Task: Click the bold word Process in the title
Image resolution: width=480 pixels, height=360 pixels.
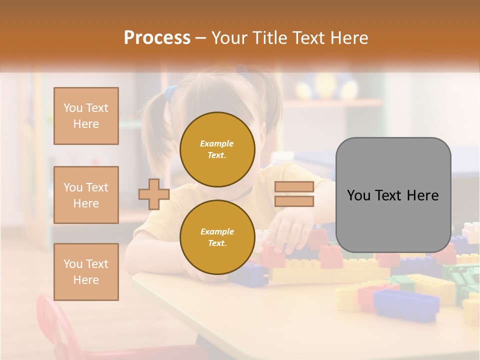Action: point(157,37)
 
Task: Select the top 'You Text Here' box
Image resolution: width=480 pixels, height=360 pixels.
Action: point(86,116)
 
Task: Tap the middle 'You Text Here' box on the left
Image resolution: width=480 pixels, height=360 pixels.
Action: point(86,195)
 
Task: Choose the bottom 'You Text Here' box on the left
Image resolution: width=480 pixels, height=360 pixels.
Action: point(86,272)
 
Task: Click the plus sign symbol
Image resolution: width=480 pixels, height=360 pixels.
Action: point(153,194)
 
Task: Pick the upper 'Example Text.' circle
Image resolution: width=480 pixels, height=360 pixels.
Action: point(217,149)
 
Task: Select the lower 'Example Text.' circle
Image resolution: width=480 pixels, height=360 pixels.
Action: point(217,237)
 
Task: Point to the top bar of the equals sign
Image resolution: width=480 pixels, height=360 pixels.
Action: point(294,187)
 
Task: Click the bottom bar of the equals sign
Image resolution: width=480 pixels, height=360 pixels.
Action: point(294,201)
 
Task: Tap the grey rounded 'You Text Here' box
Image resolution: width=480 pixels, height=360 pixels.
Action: point(393,194)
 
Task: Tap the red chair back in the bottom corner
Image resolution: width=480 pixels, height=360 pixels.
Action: point(55,325)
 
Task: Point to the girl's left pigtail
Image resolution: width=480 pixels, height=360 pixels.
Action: point(155,130)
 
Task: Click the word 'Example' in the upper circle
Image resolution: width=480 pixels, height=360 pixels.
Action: point(216,143)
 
